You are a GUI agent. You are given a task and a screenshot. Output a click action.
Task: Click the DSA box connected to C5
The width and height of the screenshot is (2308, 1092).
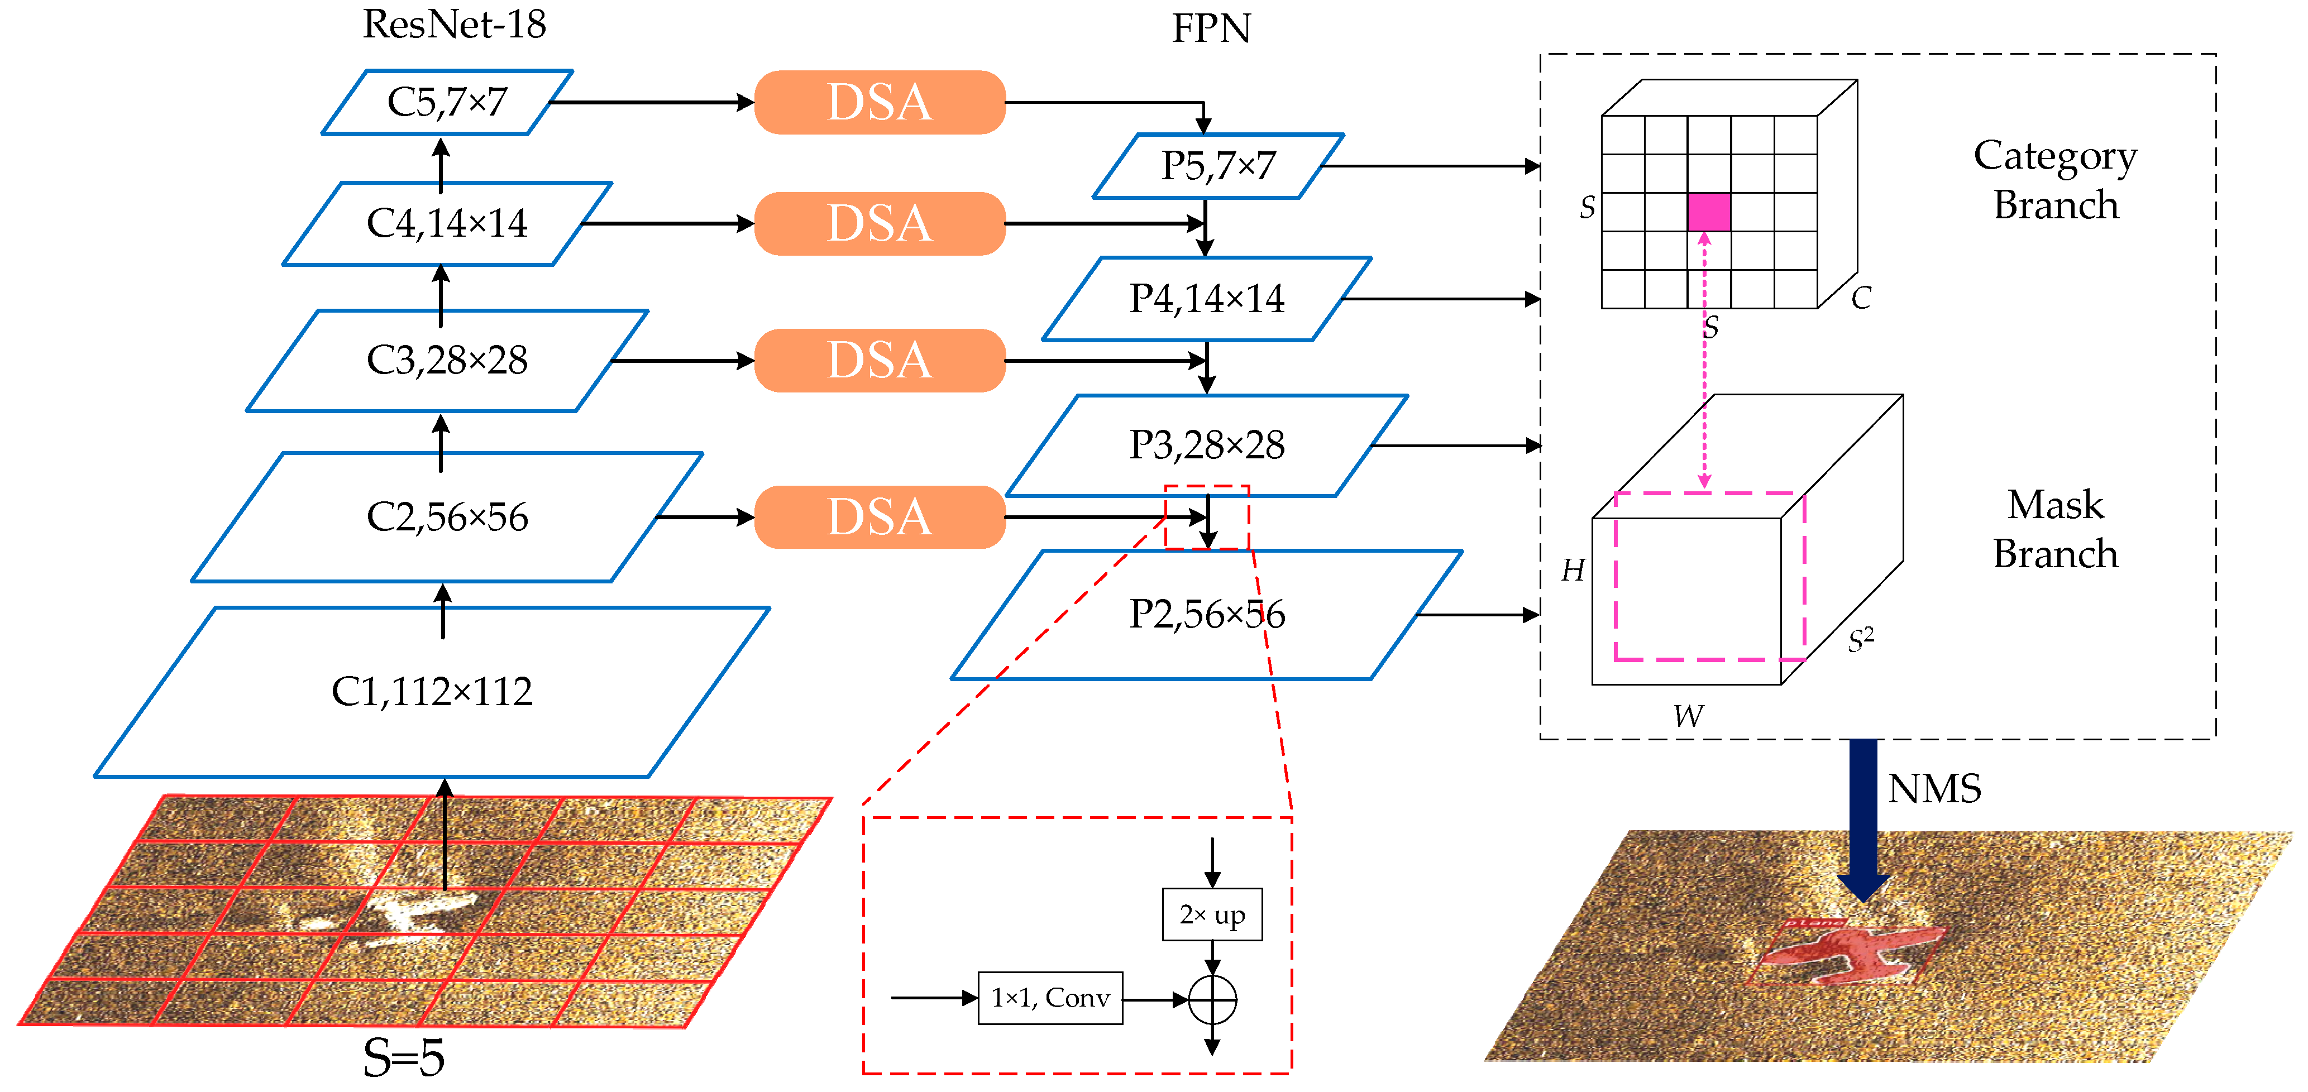click(880, 102)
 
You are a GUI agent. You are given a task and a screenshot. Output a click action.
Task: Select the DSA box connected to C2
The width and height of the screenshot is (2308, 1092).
click(880, 517)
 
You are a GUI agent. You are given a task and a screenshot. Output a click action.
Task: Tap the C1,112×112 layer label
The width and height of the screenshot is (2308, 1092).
click(432, 691)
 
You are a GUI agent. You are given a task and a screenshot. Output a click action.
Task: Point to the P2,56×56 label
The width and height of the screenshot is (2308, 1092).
click(1207, 614)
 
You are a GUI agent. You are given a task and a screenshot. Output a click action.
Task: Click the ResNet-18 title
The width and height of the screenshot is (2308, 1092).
click(454, 24)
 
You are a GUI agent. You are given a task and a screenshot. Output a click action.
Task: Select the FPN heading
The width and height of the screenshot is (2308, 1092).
click(1211, 28)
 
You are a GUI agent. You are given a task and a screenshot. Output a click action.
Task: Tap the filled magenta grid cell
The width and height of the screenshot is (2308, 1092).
click(1709, 212)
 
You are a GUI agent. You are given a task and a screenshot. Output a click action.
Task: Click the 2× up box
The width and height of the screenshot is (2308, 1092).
click(1212, 914)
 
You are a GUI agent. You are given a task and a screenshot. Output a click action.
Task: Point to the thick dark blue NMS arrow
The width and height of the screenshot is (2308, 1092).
click(1863, 820)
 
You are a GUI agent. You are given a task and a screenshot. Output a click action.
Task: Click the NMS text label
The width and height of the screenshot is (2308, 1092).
click(1934, 788)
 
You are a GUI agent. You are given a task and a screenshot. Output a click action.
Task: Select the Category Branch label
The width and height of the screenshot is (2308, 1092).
click(2056, 180)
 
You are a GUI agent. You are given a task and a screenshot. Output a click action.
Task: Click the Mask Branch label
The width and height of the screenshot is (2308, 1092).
click(2056, 529)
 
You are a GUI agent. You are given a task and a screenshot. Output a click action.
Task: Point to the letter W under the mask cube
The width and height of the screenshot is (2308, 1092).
click(1688, 716)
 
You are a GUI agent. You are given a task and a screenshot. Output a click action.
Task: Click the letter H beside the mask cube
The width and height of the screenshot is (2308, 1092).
click(1573, 570)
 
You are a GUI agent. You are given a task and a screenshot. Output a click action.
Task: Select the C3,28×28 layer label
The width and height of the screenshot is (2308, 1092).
click(447, 360)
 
